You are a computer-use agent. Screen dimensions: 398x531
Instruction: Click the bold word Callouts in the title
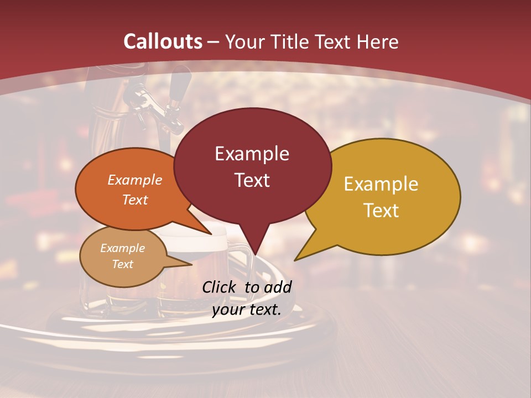click(x=163, y=41)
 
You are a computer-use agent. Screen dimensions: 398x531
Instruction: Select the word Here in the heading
click(x=378, y=41)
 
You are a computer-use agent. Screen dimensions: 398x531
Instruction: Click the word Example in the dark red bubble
click(x=252, y=154)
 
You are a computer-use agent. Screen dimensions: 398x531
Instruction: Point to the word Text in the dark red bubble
click(x=252, y=180)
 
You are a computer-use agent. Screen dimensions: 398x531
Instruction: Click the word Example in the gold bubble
click(x=381, y=184)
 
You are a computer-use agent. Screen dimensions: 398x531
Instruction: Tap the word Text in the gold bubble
click(x=382, y=211)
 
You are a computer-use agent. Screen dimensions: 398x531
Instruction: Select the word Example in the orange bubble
click(x=134, y=180)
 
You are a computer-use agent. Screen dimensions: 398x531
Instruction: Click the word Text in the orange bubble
click(x=135, y=200)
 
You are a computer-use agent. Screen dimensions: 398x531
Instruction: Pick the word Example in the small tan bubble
click(x=122, y=248)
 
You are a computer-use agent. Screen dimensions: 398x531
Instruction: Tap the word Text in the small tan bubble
click(x=123, y=264)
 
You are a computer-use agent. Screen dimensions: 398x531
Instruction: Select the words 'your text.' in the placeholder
click(x=247, y=310)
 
